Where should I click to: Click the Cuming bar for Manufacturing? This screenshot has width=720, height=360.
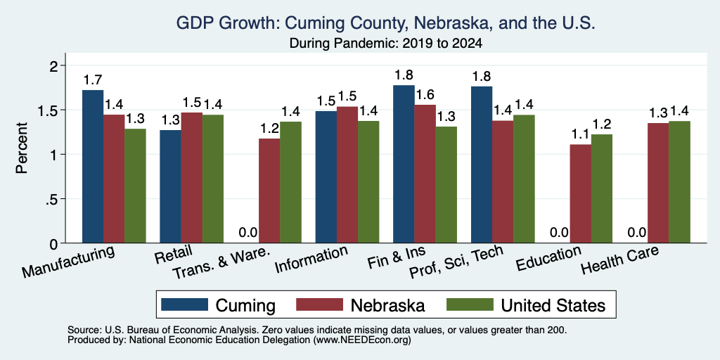[x=93, y=166]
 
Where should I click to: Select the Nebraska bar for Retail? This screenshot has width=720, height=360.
[x=191, y=178]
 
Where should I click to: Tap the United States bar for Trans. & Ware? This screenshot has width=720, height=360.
[x=290, y=182]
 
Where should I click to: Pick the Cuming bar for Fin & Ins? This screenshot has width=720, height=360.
[x=404, y=164]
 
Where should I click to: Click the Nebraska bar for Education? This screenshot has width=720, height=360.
[x=580, y=194]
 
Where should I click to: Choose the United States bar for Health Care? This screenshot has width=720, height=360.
[x=680, y=182]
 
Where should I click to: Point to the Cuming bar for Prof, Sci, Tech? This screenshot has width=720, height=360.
[x=482, y=165]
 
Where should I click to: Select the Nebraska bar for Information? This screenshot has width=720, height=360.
[x=347, y=175]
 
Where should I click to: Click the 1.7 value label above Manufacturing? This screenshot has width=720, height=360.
[x=93, y=80]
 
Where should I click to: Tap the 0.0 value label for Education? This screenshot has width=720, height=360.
[x=559, y=233]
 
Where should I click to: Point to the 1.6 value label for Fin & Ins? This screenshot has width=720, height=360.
[x=425, y=95]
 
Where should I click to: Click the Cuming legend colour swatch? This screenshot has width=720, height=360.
[x=184, y=304]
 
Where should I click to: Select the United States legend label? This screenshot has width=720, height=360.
[x=553, y=305]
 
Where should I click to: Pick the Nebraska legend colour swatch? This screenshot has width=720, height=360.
[x=320, y=304]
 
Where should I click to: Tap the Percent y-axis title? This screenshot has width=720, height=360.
[x=22, y=148]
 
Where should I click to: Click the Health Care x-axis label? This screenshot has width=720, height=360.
[x=620, y=259]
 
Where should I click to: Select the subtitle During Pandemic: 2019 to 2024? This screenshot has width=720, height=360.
[x=386, y=44]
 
